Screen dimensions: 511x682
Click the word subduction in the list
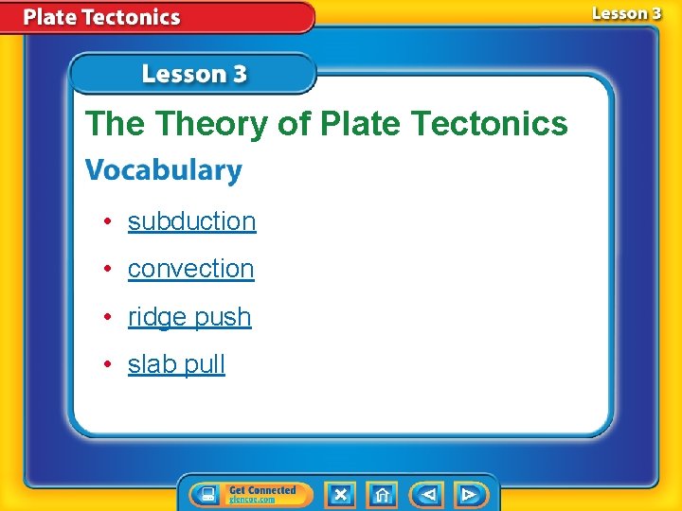tap(191, 221)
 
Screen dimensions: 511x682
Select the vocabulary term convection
tap(190, 269)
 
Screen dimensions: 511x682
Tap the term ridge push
tap(189, 317)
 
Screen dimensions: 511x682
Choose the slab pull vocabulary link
tap(176, 364)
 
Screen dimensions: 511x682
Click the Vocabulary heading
tap(164, 171)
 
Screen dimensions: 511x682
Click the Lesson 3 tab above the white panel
tap(194, 74)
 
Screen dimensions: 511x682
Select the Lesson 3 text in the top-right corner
tap(626, 13)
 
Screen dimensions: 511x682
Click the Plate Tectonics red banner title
tap(101, 17)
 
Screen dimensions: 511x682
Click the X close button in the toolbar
tap(340, 494)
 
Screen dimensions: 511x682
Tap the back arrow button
tap(427, 494)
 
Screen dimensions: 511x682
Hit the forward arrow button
tap(469, 494)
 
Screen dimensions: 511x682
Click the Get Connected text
tap(262, 490)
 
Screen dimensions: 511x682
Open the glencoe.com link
tap(251, 500)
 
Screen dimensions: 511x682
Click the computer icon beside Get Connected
tap(206, 494)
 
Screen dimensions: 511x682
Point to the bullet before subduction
tap(110, 221)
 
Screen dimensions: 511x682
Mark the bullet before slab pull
tap(110, 364)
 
